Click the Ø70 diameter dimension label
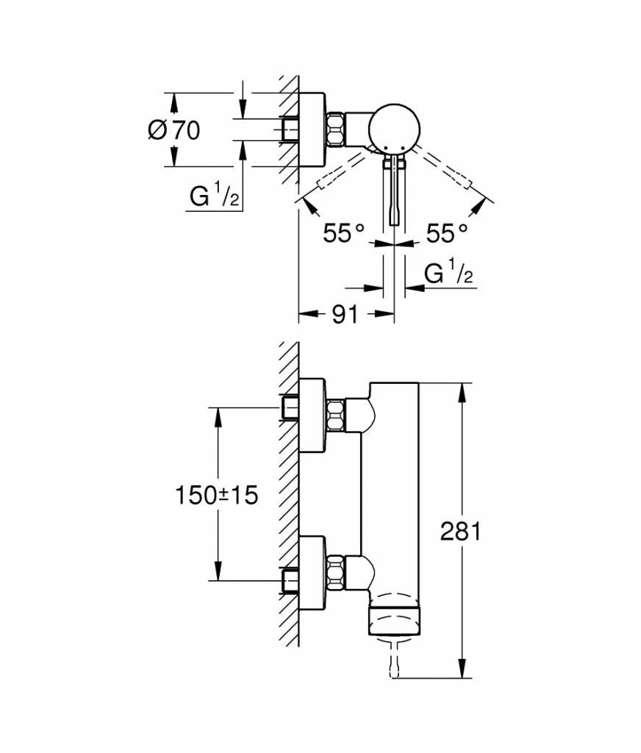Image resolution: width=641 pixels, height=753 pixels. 173,130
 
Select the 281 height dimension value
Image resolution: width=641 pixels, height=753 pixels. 460,531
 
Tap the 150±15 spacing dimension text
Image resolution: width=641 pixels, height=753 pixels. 217,495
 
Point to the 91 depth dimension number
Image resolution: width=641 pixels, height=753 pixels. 345,315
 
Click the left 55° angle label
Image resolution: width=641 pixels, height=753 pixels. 344,233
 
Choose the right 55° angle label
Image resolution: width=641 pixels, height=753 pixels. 447,233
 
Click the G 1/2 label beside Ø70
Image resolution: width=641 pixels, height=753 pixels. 214,196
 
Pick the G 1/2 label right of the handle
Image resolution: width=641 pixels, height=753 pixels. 448,274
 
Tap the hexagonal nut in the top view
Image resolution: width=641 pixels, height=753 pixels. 336,129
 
